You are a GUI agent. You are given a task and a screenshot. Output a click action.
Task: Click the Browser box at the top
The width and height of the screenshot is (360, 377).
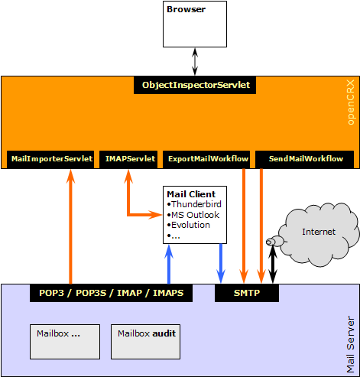pyautogui.click(x=195, y=24)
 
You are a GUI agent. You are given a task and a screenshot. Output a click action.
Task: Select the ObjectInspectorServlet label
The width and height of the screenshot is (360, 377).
pyautogui.click(x=195, y=85)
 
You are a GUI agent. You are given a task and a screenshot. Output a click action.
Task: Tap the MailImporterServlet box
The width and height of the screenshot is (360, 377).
pyautogui.click(x=50, y=159)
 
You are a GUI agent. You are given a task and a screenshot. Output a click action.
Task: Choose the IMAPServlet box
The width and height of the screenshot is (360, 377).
pyautogui.click(x=128, y=159)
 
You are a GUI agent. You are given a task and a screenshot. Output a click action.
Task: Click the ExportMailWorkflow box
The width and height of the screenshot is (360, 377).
pyautogui.click(x=206, y=159)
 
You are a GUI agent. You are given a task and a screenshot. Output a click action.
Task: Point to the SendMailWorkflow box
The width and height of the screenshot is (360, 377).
pyautogui.click(x=304, y=159)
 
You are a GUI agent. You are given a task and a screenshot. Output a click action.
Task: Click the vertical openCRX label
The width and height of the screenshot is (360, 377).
pyautogui.click(x=351, y=102)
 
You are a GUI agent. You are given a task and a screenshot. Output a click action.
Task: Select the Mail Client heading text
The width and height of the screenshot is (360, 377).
pyautogui.click(x=191, y=194)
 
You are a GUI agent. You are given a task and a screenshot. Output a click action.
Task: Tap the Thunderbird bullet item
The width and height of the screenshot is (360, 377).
pyautogui.click(x=194, y=204)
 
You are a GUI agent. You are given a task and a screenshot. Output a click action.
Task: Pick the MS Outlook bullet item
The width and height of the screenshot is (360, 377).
pyautogui.click(x=193, y=215)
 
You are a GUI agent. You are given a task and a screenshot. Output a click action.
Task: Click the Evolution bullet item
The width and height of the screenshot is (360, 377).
pyautogui.click(x=189, y=225)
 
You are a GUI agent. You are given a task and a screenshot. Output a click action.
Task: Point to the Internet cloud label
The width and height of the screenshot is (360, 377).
pyautogui.click(x=319, y=232)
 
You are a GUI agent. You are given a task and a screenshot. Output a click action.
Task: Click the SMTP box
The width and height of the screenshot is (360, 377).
pyautogui.click(x=247, y=293)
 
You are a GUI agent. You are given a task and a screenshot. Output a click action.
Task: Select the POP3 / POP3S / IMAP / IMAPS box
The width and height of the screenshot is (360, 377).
pyautogui.click(x=111, y=293)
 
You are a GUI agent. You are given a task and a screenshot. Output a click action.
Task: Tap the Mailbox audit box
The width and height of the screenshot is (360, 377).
pyautogui.click(x=146, y=342)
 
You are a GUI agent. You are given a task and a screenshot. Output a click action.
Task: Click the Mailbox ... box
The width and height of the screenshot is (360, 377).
pyautogui.click(x=65, y=342)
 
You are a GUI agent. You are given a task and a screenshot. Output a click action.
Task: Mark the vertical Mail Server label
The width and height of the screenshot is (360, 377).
pyautogui.click(x=351, y=345)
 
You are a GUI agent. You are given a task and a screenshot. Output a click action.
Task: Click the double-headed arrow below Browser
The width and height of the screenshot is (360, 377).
pyautogui.click(x=195, y=62)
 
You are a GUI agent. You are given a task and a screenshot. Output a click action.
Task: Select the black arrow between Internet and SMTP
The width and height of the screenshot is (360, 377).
pyautogui.click(x=273, y=265)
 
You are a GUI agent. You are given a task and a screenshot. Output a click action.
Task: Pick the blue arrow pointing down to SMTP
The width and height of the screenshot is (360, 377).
pyautogui.click(x=221, y=263)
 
